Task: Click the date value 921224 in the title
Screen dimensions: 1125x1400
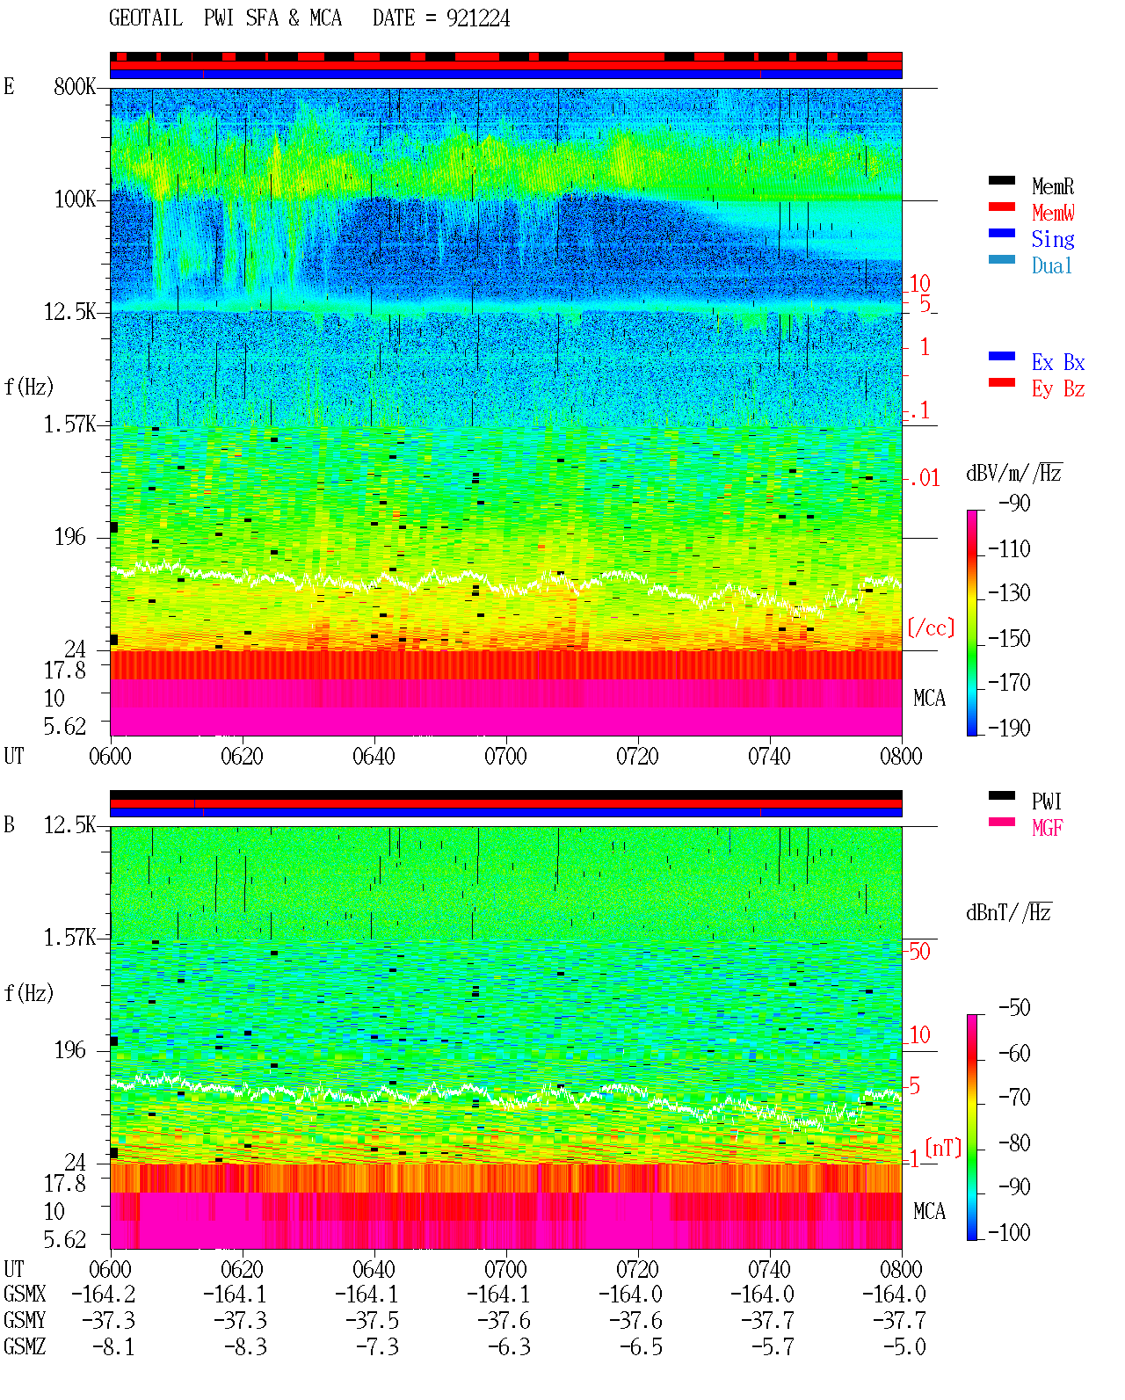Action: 478,18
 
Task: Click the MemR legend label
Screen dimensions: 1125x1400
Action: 1053,186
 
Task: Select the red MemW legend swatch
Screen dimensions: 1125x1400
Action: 1001,207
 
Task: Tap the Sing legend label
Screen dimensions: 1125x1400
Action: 1053,239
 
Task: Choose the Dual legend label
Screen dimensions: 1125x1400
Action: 1052,265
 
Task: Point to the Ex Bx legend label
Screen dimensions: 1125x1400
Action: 1058,362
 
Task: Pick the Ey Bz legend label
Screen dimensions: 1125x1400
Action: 1058,388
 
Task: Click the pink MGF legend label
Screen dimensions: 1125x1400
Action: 1047,828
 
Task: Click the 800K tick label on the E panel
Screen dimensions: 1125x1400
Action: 75,86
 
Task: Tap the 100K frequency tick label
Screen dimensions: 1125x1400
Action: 75,199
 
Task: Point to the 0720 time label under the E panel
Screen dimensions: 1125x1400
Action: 638,756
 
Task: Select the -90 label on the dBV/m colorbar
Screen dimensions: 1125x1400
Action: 1014,503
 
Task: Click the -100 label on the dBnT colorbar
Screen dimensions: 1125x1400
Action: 1009,1232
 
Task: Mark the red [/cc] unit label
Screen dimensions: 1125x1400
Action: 931,627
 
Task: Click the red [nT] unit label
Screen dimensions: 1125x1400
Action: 943,1148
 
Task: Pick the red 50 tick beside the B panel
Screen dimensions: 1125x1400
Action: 919,951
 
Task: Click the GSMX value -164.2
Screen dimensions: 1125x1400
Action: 104,1294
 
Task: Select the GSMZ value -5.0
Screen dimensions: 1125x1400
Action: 904,1346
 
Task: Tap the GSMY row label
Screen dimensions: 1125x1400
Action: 25,1321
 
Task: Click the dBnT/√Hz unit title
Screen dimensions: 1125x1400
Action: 1009,912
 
